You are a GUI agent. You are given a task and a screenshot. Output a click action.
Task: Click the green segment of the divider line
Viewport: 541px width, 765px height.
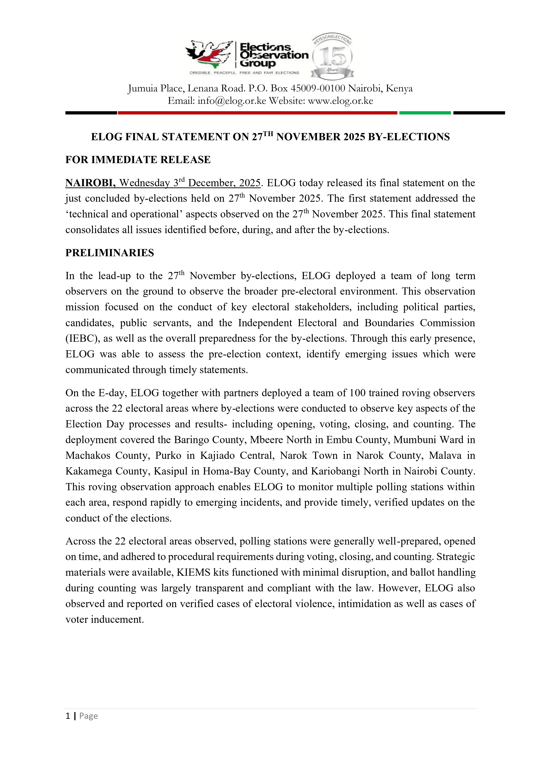(425, 113)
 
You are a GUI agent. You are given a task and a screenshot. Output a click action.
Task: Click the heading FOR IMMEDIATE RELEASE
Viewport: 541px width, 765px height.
(138, 160)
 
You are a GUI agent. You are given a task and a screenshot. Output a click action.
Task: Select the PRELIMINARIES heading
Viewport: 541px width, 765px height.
(110, 253)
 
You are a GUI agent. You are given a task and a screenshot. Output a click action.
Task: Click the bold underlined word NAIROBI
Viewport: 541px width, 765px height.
(90, 183)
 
